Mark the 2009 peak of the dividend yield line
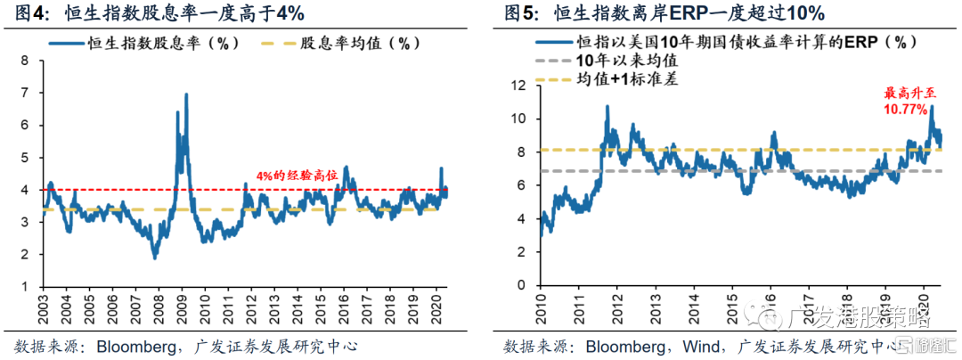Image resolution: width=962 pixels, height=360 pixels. click(185, 94)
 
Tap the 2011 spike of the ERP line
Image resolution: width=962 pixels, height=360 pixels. click(607, 107)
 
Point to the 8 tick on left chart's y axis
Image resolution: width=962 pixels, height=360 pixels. click(24, 61)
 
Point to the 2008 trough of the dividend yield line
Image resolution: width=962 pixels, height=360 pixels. click(155, 258)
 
